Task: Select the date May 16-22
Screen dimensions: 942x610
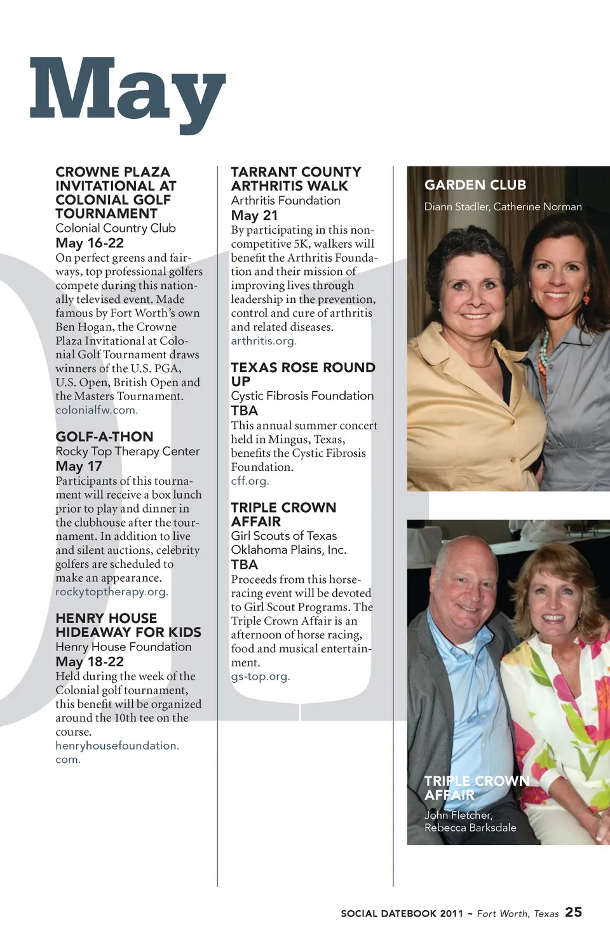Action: click(x=90, y=243)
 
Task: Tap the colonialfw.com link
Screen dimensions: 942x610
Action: click(x=97, y=410)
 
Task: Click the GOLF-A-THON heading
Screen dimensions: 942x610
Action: click(x=104, y=437)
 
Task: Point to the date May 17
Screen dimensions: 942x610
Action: click(x=79, y=466)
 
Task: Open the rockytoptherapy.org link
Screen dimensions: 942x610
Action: click(x=112, y=592)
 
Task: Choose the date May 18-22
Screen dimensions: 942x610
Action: click(x=90, y=662)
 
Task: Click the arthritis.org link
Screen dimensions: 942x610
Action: click(x=264, y=341)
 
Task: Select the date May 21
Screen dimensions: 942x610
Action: click(x=254, y=216)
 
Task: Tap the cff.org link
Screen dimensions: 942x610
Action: click(x=250, y=481)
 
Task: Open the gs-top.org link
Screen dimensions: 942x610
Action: click(x=261, y=676)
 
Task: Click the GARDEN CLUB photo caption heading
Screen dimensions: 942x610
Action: click(x=475, y=185)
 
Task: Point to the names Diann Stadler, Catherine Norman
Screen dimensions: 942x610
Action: click(x=503, y=207)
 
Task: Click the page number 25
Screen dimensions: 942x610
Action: click(x=574, y=912)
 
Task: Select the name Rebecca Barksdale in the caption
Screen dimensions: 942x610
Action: click(x=470, y=828)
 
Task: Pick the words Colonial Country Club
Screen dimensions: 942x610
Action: click(x=116, y=229)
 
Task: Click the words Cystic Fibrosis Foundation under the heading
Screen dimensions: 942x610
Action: click(x=302, y=396)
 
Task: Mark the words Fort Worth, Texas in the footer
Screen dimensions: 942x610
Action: click(x=518, y=914)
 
